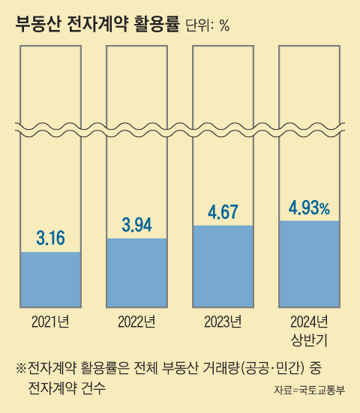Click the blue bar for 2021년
[50, 278]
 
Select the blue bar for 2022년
[136, 271]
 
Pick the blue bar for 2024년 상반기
[309, 262]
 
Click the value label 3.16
[51, 239]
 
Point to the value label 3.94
[136, 225]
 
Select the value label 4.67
[223, 211]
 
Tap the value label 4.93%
[309, 208]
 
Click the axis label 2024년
[309, 322]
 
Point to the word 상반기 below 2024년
[309, 340]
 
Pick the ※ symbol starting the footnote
[20, 369]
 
